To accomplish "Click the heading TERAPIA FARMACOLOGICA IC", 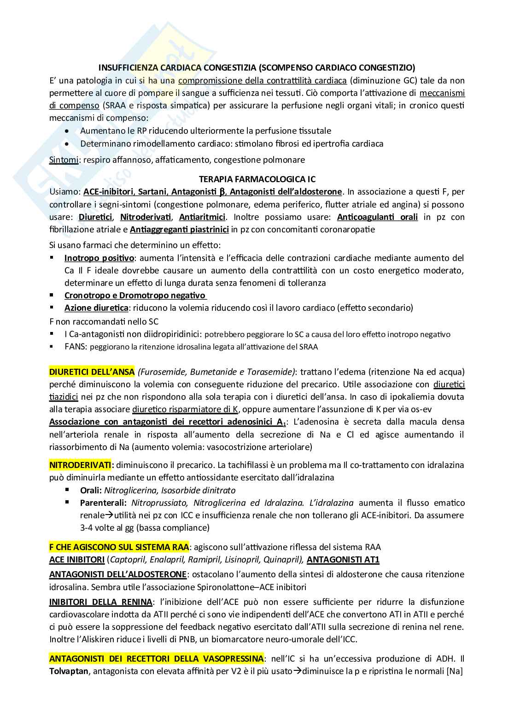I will tap(257, 179).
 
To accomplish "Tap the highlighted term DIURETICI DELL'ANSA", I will tap(92, 372).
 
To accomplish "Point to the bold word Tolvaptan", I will tap(69, 671).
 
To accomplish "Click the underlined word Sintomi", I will tap(63, 160).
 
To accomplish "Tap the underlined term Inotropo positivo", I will tap(99, 258).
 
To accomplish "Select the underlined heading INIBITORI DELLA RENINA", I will tap(100, 602).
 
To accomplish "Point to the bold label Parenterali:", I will tap(103, 503).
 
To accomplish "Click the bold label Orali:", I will tap(91, 490).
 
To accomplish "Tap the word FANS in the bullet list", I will tap(75, 347).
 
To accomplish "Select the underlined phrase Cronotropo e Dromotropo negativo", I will tap(135, 295).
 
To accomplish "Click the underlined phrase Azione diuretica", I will tap(96, 308).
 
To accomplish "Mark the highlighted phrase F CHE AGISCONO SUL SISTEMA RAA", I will tap(119, 547).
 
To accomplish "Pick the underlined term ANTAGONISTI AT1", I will tap(343, 560).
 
